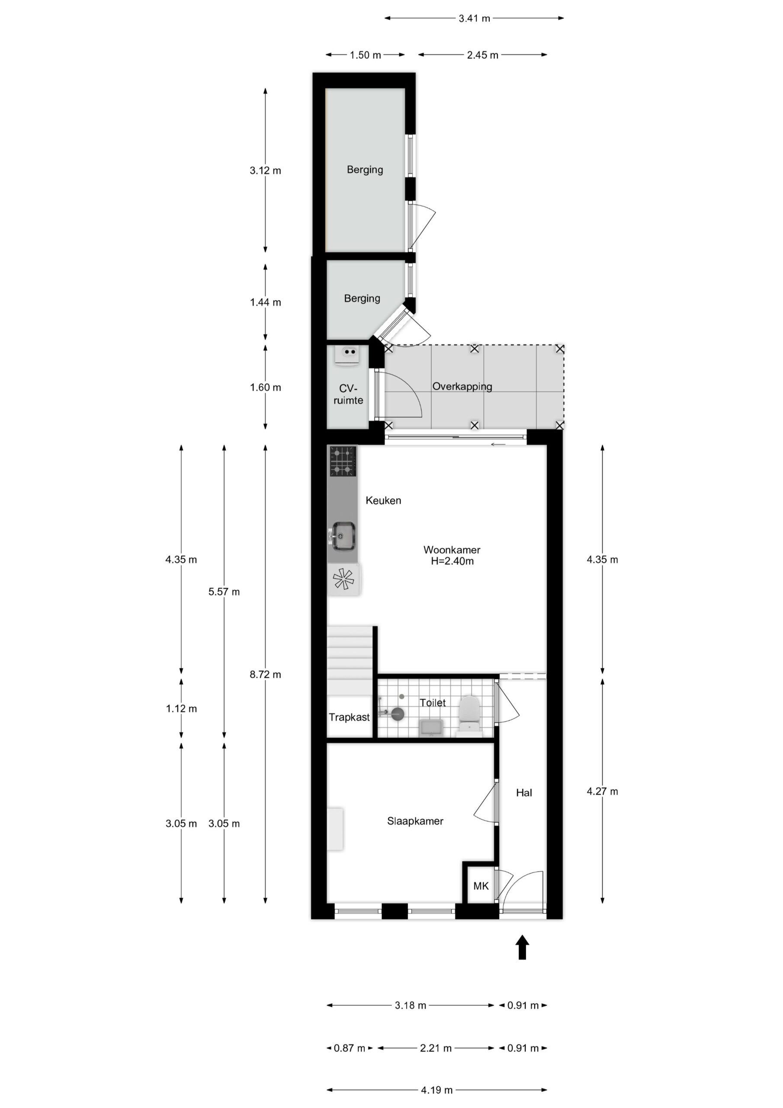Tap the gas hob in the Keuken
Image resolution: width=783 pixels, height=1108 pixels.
coord(343,461)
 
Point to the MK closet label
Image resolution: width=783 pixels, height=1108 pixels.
coord(481,886)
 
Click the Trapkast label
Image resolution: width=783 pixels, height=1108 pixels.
coord(349,717)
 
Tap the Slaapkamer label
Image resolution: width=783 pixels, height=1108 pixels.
coord(415,821)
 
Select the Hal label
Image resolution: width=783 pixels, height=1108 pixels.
coord(524,792)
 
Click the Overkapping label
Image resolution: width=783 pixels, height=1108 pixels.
coord(462,387)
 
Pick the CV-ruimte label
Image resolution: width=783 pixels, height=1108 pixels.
coord(348,394)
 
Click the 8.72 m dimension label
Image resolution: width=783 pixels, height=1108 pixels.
coord(265,675)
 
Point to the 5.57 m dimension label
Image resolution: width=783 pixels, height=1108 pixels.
coord(224,592)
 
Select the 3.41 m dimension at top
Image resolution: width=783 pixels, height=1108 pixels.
coord(474,18)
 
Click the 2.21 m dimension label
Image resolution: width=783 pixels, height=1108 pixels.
coord(436,1048)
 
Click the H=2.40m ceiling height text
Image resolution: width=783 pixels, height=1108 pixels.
coord(452,561)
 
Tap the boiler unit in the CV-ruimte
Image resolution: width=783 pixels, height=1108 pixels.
coord(348,356)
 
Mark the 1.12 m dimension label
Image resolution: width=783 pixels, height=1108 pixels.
coord(181,709)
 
